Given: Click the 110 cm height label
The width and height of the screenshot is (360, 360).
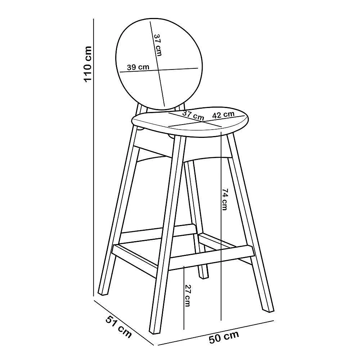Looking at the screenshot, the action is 87,64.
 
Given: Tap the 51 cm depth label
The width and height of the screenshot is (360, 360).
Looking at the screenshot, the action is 119,327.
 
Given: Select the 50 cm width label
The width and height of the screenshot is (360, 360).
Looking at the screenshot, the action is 224,337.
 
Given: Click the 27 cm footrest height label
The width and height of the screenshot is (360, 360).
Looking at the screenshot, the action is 188,296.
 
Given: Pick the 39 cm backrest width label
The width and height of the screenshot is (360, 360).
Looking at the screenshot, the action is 138,67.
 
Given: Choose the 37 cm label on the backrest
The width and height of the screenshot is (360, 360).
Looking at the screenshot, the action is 158,45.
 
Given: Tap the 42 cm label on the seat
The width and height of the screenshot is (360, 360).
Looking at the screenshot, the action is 223,114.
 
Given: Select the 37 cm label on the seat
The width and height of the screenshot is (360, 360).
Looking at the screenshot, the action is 193,116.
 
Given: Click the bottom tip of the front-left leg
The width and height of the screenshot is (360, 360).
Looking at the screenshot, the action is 154,332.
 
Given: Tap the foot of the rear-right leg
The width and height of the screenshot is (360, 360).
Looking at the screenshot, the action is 204,276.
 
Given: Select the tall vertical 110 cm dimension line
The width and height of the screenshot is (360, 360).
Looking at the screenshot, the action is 94,158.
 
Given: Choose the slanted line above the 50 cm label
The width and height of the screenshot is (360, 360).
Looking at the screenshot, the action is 216,332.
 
